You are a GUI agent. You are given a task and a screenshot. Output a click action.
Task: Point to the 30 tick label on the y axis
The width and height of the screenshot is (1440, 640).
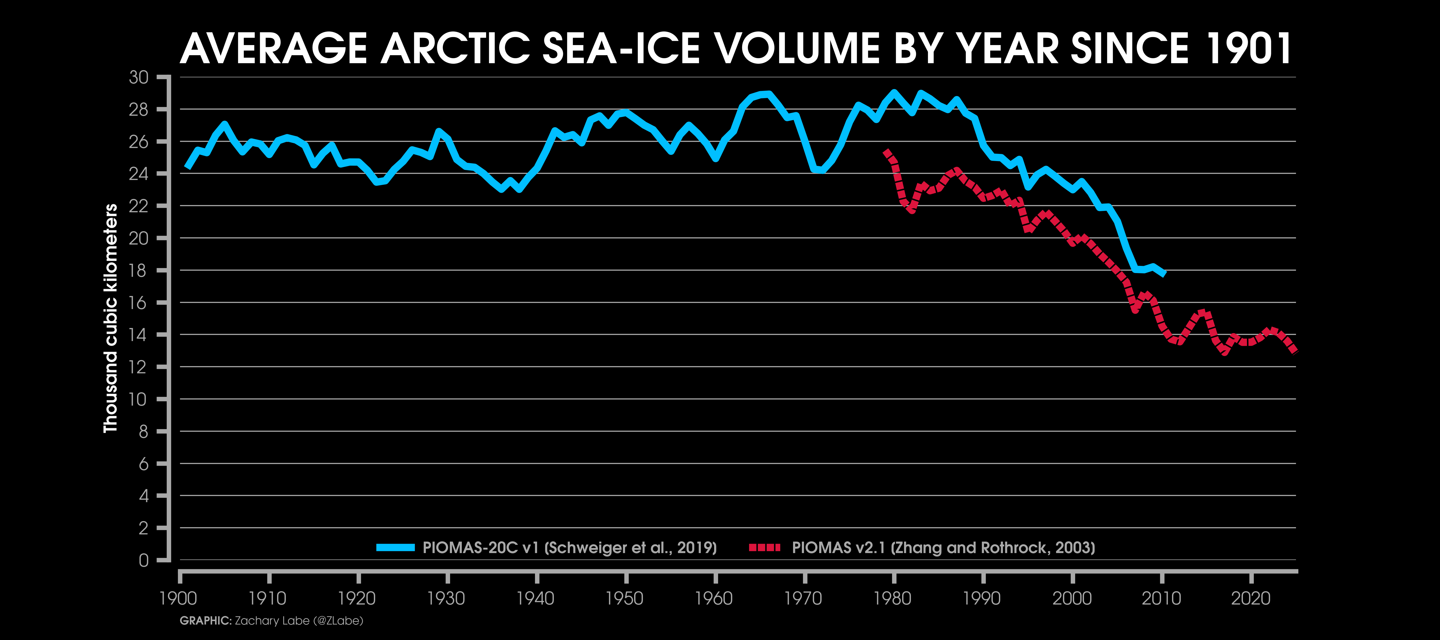click(139, 77)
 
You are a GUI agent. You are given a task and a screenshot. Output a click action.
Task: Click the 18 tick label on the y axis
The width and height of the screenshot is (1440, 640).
click(139, 270)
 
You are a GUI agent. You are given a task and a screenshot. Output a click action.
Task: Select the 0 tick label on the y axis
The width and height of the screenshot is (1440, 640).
click(144, 560)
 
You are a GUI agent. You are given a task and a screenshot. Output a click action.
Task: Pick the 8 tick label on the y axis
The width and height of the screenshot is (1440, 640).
click(144, 431)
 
